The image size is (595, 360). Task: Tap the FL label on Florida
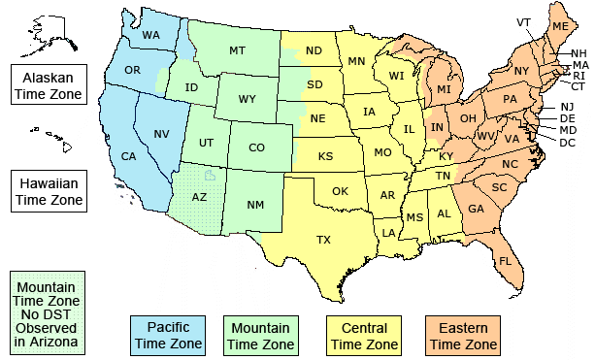[505, 261]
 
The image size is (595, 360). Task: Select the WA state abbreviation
[151, 36]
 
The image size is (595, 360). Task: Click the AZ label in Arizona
[199, 196]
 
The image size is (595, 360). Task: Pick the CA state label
[128, 156]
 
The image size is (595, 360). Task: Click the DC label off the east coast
[567, 142]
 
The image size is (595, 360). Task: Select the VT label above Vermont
[523, 22]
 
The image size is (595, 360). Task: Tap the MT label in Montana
[237, 50]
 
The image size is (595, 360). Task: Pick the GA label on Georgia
[477, 208]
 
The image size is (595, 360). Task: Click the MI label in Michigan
[445, 89]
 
